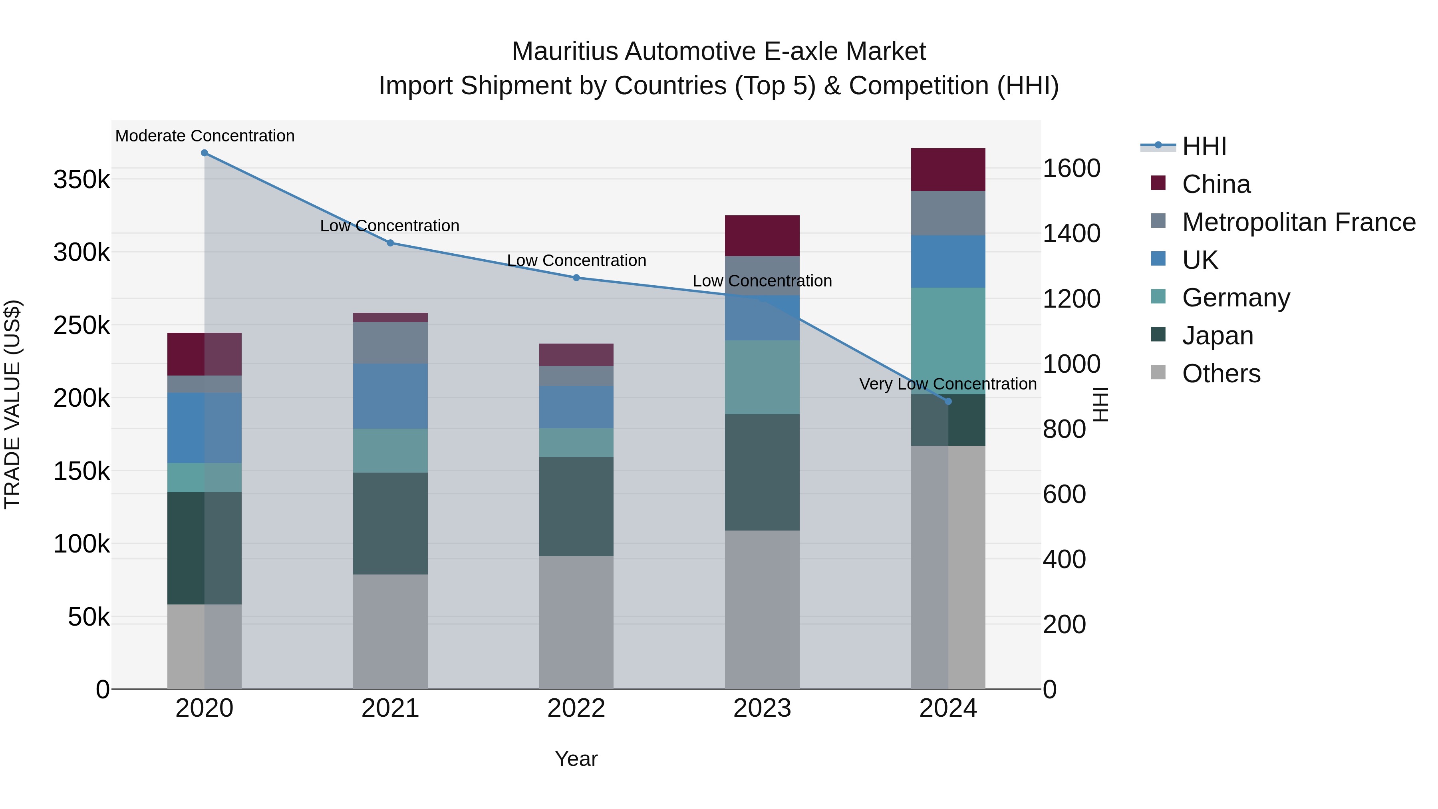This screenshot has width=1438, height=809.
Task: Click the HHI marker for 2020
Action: coord(204,153)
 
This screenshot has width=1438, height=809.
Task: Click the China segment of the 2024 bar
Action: coord(948,170)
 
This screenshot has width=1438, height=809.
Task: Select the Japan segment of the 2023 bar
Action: coord(762,472)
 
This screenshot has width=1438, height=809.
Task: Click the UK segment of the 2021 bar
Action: coord(390,396)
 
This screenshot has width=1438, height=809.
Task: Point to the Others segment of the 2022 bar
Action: coord(576,622)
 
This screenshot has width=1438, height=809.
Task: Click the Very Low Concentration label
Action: coord(948,384)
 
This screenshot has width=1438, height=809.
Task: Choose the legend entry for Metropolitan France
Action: coord(1299,222)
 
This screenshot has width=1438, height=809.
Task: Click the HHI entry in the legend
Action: coord(1204,146)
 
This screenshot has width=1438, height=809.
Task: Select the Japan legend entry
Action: coord(1218,336)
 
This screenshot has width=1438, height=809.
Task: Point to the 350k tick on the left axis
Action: coord(81,180)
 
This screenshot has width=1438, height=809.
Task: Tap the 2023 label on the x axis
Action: coord(762,708)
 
